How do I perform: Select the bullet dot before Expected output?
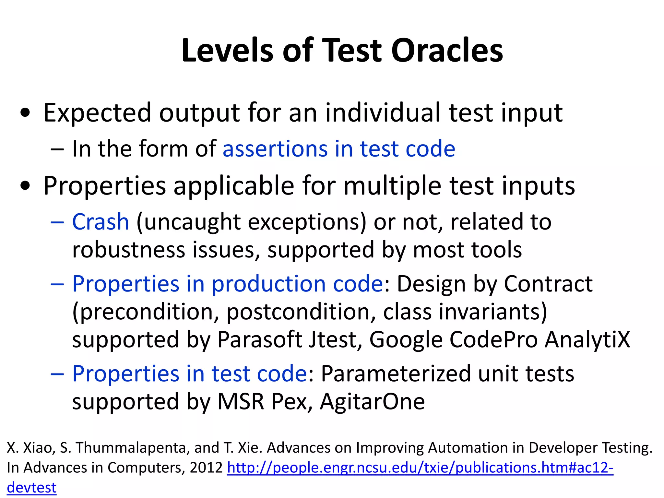tap(25, 113)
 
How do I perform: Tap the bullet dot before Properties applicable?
tap(25, 186)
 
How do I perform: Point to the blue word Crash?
tap(101, 222)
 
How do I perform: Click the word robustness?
tap(129, 250)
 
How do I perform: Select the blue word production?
tap(269, 284)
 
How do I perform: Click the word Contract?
tap(548, 284)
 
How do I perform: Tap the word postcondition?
tap(298, 312)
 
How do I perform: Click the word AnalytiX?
tap(587, 340)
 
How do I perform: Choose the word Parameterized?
tap(396, 374)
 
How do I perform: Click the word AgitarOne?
tap(372, 402)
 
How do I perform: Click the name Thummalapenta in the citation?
tap(131, 448)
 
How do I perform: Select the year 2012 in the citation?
tap(206, 468)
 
